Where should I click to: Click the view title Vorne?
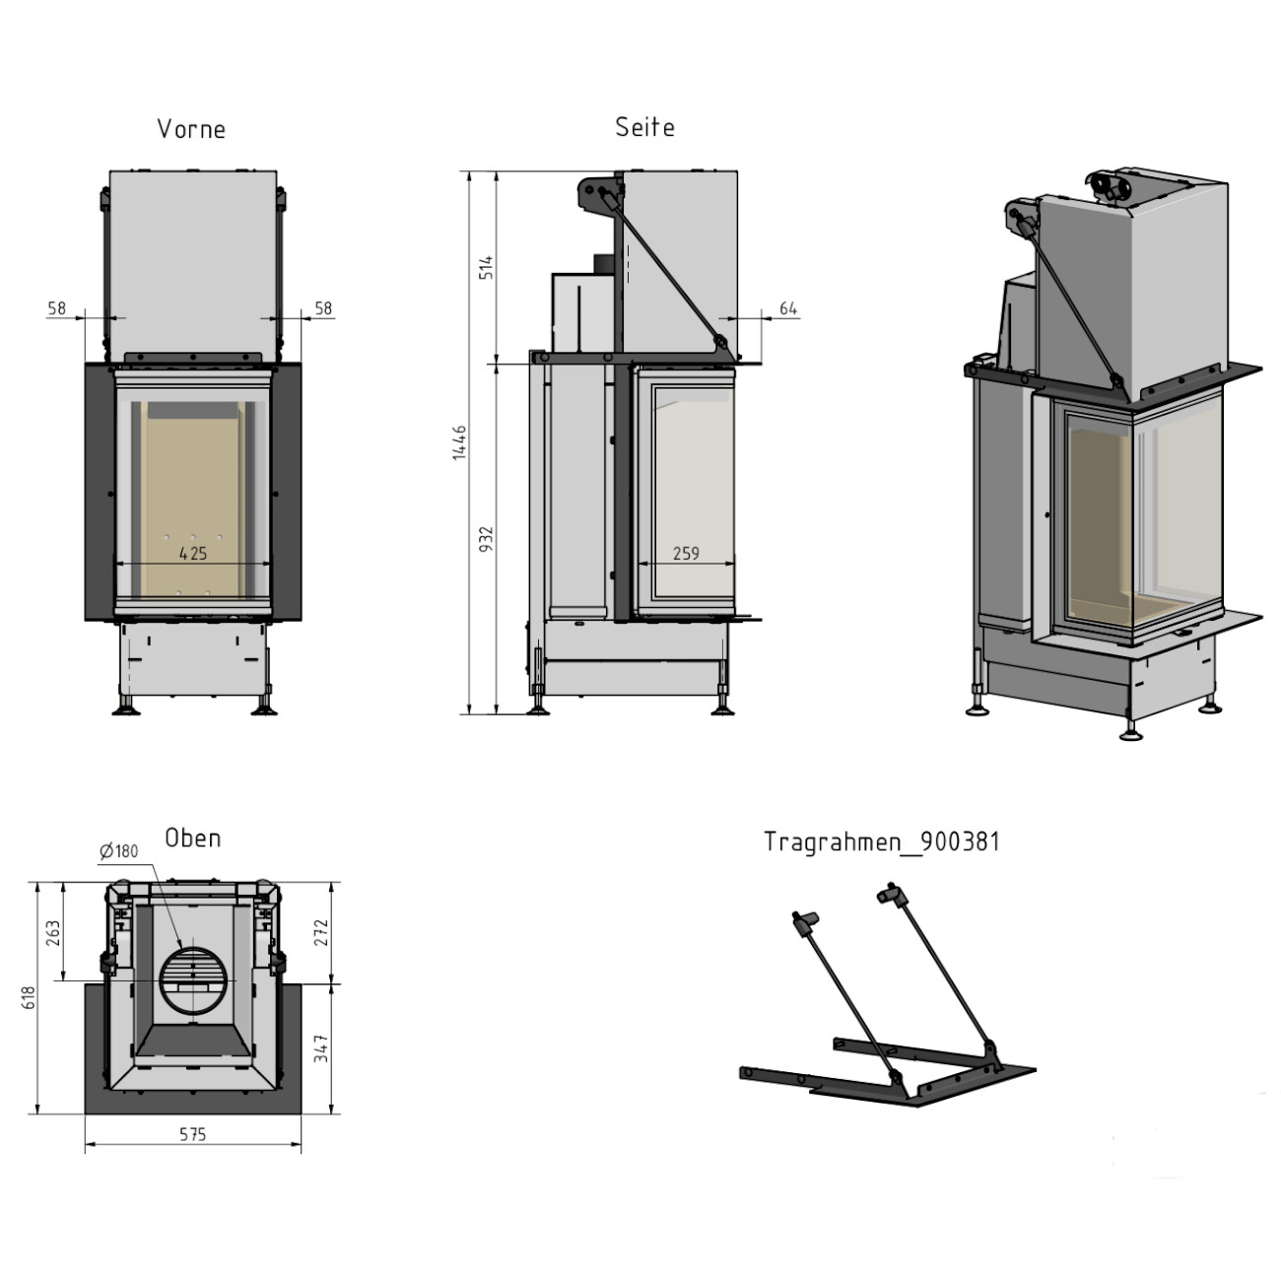[x=191, y=129]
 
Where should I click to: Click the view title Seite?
[x=644, y=127]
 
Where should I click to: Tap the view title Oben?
[x=192, y=838]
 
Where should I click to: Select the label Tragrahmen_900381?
[x=881, y=842]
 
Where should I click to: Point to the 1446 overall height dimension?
[x=459, y=442]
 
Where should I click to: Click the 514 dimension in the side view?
[x=486, y=267]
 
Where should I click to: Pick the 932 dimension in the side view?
[x=486, y=539]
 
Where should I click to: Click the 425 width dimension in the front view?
[x=193, y=554]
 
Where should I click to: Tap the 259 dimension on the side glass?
[x=686, y=554]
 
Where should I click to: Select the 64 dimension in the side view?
[x=787, y=308]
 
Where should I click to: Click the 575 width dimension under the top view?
[x=193, y=1134]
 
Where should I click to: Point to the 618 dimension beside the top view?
[x=30, y=998]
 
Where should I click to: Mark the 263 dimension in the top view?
[x=54, y=932]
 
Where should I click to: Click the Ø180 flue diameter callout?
[x=119, y=850]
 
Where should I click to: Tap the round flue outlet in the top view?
[x=193, y=981]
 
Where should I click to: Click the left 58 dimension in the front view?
[x=56, y=308]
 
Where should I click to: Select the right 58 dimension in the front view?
[x=323, y=308]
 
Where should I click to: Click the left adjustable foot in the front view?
[x=126, y=706]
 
